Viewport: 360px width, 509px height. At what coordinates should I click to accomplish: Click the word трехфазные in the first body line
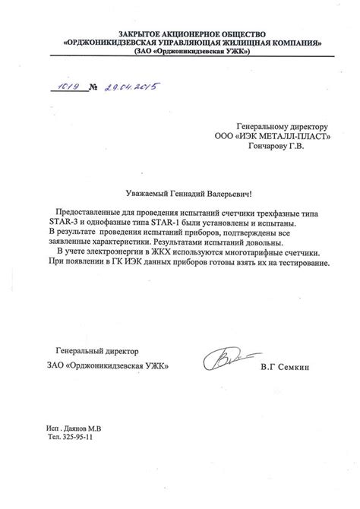275,210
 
